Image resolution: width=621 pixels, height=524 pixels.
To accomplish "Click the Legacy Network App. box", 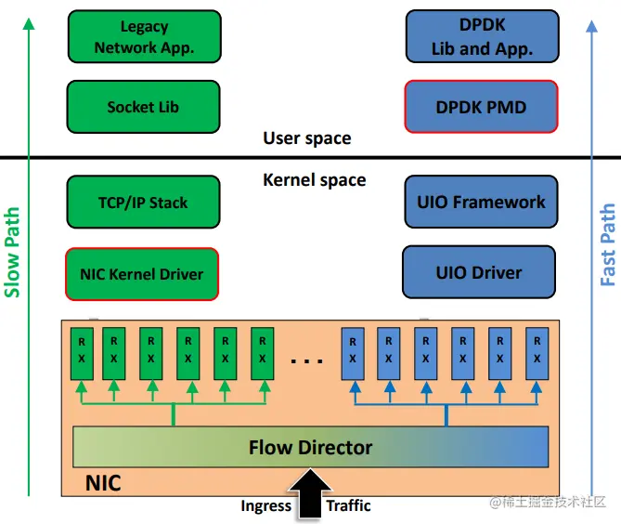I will point(144,37).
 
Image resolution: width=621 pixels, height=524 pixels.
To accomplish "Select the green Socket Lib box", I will point(144,107).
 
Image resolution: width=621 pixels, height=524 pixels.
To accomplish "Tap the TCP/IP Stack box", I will point(143,202).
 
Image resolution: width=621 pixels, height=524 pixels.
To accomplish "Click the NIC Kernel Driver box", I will point(143,273).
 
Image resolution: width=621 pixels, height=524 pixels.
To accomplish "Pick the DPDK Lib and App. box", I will point(482,37).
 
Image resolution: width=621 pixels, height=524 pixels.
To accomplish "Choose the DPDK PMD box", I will point(481,107).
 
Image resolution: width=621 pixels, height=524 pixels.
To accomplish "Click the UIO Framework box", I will point(482,202).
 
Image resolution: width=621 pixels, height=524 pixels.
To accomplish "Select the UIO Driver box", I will point(479,272).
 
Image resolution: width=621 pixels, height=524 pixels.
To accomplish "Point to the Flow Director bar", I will point(310,448).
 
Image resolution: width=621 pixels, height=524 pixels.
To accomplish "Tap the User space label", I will point(307,138).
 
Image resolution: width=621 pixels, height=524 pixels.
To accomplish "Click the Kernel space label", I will point(315,179).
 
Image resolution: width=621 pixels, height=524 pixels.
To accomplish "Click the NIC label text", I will point(103,483).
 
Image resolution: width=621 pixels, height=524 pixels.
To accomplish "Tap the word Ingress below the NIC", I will point(265,505).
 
